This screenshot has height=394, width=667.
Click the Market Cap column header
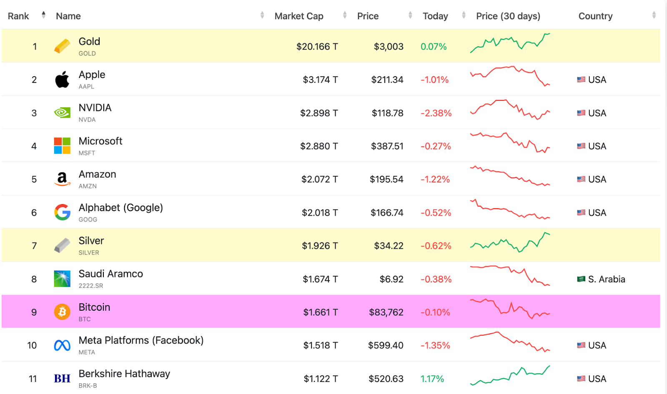[x=298, y=16]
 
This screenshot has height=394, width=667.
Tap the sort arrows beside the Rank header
[x=43, y=15]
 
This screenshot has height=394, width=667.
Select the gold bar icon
[x=62, y=46]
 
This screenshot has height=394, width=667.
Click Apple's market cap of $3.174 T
[x=320, y=80]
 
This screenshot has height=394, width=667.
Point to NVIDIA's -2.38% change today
[x=436, y=113]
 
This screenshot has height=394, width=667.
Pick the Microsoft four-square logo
[x=62, y=145]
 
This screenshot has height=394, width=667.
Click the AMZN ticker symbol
[x=88, y=186]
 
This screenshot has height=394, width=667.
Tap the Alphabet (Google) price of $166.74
[x=387, y=212]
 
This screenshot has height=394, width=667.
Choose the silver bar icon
[x=62, y=245]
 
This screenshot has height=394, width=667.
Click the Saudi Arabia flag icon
[x=581, y=279]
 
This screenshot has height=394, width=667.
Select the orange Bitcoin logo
[x=62, y=312]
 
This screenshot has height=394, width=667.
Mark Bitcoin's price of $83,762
[x=386, y=312]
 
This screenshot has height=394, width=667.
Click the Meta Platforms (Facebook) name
[x=141, y=340]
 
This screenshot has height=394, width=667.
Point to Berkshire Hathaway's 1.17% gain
[x=432, y=379]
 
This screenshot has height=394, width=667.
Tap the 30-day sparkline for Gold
[x=510, y=43]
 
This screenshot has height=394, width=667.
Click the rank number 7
[x=34, y=245]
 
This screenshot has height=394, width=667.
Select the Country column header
[x=595, y=16]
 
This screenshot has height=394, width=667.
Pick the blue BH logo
[x=62, y=378]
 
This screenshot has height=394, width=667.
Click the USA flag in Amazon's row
[x=581, y=179]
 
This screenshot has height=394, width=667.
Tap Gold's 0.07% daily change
[x=434, y=46]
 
